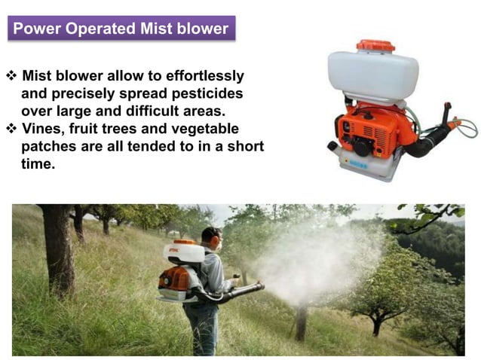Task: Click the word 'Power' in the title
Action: click(x=36, y=29)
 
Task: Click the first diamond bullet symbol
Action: click(x=11, y=76)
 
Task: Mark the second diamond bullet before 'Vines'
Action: click(x=11, y=128)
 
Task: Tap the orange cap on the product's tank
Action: click(x=375, y=46)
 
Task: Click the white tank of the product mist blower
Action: click(x=372, y=75)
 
